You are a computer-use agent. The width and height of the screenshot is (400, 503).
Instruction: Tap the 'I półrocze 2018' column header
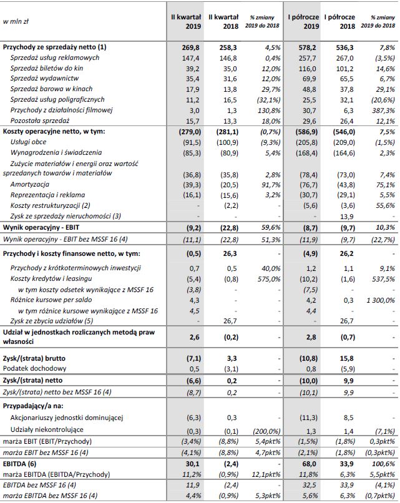(339, 22)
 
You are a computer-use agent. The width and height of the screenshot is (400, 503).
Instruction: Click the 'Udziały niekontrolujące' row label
(50, 430)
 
